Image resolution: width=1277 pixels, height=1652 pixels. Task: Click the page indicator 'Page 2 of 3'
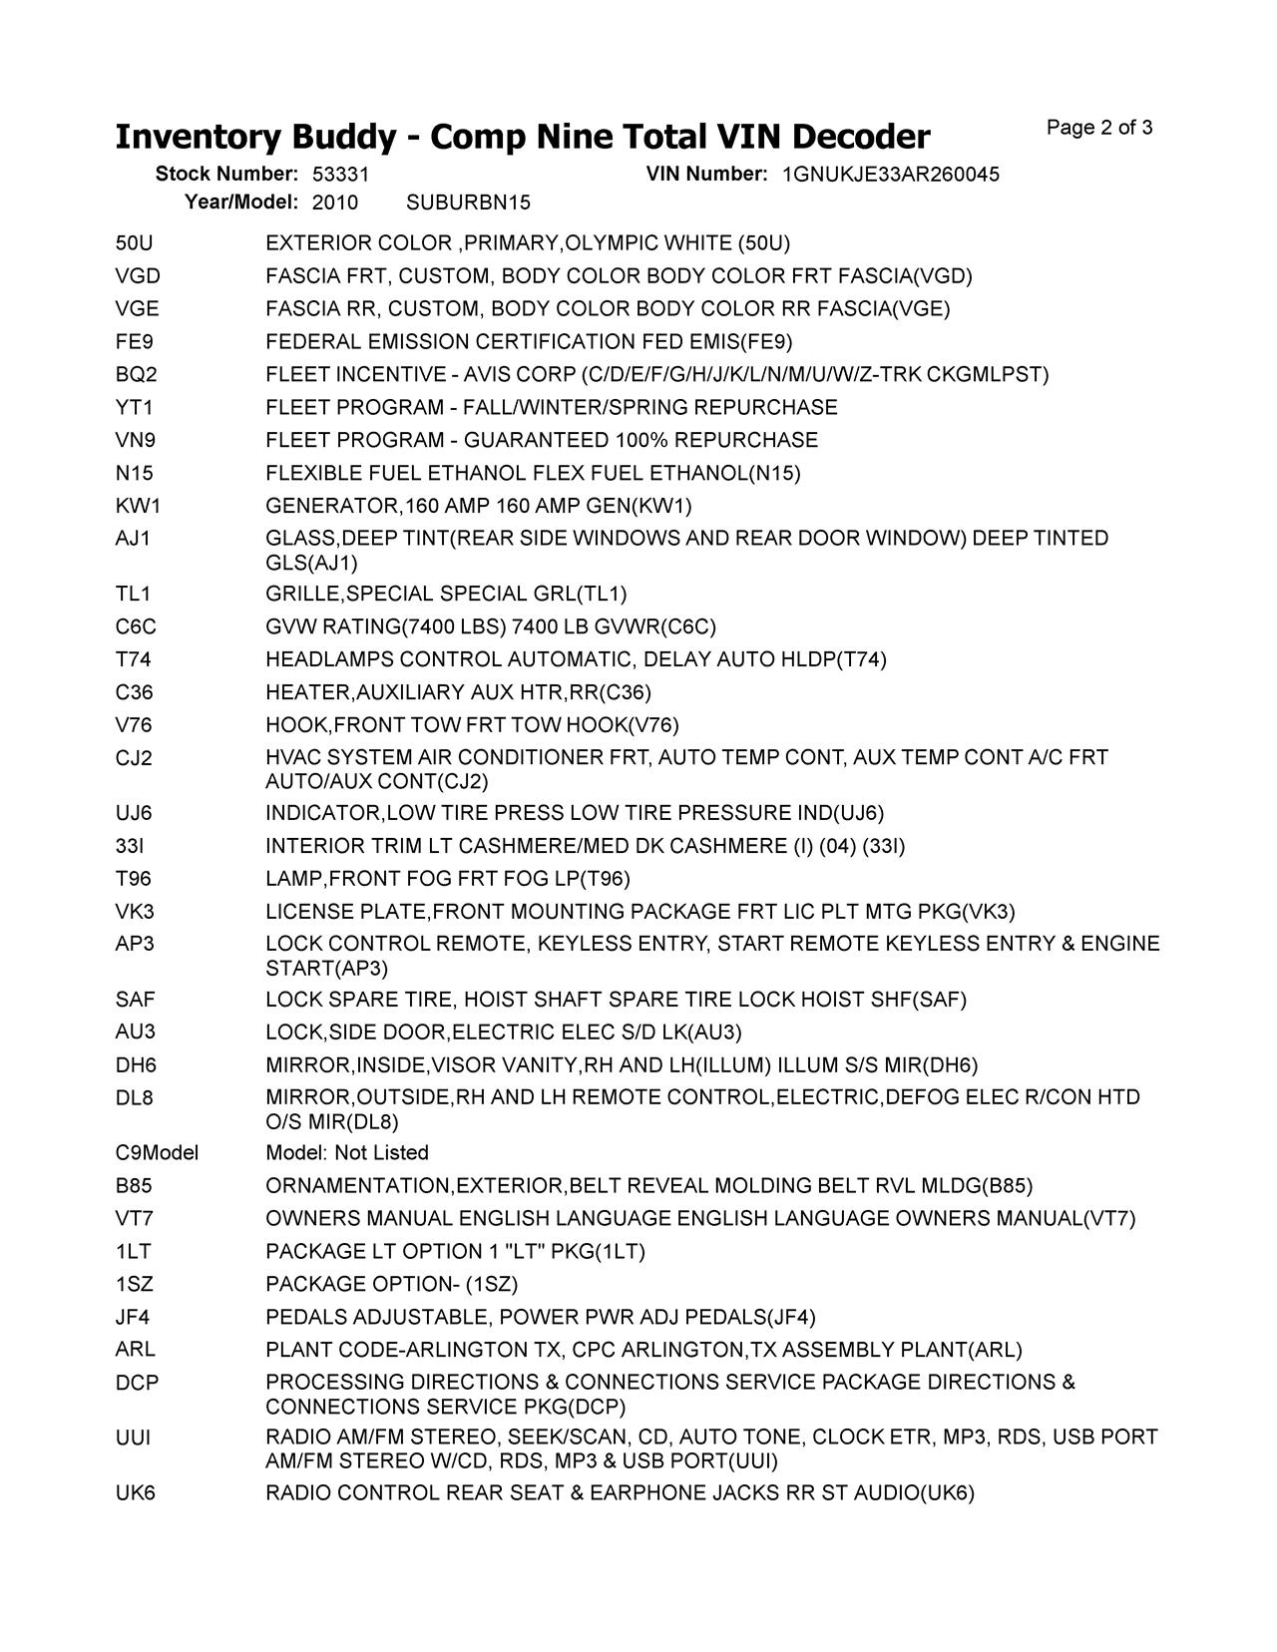(1099, 128)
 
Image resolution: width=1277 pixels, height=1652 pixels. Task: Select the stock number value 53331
(340, 175)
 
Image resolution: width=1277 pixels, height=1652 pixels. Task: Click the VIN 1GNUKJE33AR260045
(890, 175)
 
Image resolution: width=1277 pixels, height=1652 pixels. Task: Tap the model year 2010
(334, 203)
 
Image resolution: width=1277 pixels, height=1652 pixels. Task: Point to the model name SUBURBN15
(468, 203)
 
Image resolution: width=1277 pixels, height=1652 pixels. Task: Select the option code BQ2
(137, 375)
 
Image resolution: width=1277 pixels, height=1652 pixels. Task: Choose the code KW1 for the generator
(138, 506)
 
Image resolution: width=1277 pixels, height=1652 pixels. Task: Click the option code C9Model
(157, 1153)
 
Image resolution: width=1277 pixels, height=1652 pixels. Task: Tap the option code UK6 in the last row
(136, 1493)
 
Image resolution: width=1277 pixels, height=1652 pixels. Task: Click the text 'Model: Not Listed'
(347, 1153)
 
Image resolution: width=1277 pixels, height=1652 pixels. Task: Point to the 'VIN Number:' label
(706, 175)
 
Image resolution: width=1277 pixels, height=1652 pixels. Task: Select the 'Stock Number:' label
(226, 175)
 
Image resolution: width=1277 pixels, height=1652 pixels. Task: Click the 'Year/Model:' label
(241, 203)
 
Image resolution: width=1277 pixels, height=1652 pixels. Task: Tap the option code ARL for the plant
(136, 1350)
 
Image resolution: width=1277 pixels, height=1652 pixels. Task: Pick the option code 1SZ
(135, 1284)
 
